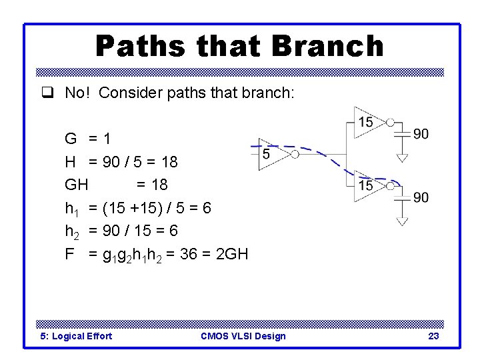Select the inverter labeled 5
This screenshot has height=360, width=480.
[x=273, y=154]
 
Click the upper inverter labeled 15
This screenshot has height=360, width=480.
[x=369, y=121]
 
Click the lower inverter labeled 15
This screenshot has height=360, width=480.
[x=369, y=185]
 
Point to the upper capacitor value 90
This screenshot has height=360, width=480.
[x=421, y=134]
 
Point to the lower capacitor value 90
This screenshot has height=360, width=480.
[x=421, y=197]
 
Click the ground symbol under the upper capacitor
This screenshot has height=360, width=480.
[x=401, y=157]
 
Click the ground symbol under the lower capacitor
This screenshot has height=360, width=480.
[x=401, y=221]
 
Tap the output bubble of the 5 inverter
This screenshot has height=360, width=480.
[x=295, y=154]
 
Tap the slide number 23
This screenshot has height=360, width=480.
[x=433, y=336]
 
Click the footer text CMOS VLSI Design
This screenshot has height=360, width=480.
[x=243, y=336]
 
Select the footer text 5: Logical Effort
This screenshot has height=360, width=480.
[x=77, y=336]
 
